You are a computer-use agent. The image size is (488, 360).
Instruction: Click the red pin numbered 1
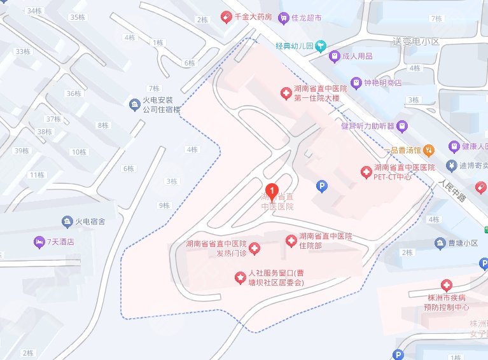272,190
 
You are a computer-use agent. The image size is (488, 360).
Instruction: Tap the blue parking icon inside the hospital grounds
322,186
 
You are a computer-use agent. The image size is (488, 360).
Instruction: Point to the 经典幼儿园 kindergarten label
295,46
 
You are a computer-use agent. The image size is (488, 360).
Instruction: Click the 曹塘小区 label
462,243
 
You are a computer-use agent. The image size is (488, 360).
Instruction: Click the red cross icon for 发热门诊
254,249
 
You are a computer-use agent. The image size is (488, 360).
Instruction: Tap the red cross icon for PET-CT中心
366,171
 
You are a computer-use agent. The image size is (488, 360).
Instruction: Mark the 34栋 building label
34,11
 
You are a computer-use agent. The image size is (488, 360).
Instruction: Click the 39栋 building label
22,151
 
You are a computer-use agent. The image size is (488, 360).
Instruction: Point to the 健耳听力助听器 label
368,125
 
